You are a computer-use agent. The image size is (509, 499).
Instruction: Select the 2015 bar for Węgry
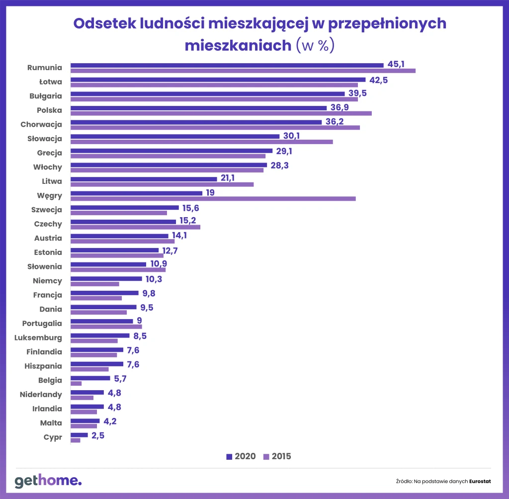coord(213,199)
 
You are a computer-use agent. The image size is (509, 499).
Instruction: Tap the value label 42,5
coord(377,80)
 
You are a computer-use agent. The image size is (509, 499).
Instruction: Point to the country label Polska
coord(49,110)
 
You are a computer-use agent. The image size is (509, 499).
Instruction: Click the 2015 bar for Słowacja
coord(202,142)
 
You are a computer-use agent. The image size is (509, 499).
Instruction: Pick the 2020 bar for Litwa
coord(144,179)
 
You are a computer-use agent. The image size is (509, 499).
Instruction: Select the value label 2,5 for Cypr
coord(98,435)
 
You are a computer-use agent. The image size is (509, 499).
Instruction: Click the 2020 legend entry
coord(241,456)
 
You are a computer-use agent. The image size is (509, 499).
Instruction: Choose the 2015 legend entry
coord(277,456)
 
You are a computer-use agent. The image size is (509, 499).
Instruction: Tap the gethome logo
coord(48,481)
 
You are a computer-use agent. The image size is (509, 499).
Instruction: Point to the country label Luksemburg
coord(42,338)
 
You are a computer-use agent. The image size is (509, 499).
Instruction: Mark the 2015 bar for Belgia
coord(76,384)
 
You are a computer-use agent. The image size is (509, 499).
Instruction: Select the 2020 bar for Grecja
coord(171,151)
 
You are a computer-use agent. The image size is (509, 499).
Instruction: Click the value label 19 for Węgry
coord(210,192)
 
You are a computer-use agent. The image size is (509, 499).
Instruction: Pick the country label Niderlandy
coord(41,395)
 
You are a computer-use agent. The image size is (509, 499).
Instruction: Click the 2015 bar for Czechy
coord(135,227)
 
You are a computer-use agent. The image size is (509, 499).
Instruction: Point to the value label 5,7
coord(121,378)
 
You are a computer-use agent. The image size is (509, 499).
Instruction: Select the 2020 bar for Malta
coord(85,421)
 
